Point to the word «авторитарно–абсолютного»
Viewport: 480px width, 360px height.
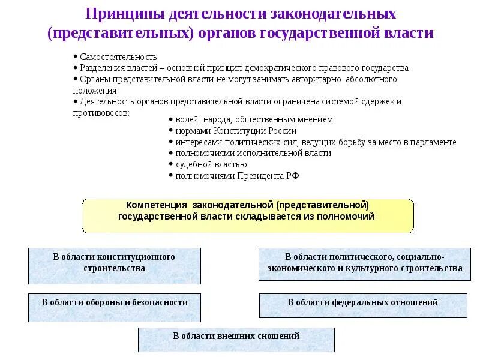pyautogui.click(x=345, y=79)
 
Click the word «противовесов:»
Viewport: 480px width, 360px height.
pyautogui.click(x=101, y=112)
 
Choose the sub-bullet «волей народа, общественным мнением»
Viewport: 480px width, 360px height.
pyautogui.click(x=254, y=119)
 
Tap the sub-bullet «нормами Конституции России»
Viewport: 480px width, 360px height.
pyautogui.click(x=236, y=131)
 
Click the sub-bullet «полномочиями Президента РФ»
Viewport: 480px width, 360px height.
pyautogui.click(x=237, y=176)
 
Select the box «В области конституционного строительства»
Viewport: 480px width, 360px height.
pyautogui.click(x=115, y=266)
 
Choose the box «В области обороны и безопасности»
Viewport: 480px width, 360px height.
pyautogui.click(x=115, y=307)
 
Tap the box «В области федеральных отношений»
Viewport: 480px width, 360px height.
pyautogui.click(x=362, y=305)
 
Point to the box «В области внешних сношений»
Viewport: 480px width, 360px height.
pyautogui.click(x=236, y=339)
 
